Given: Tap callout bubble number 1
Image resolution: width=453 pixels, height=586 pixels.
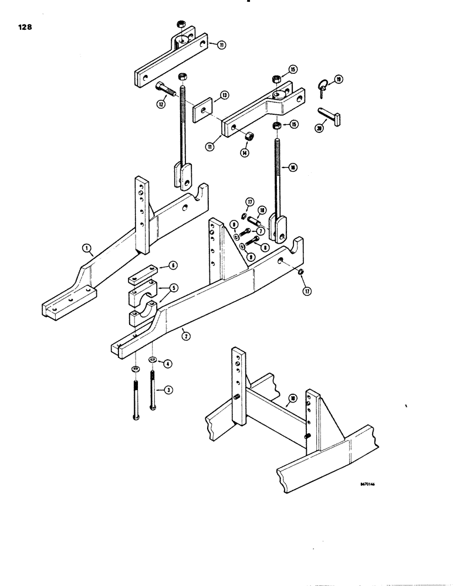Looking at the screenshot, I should [x=86, y=250].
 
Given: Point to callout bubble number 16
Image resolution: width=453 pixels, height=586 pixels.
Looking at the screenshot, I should [x=293, y=168].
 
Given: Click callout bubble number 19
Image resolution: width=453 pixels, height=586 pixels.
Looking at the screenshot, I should [x=338, y=79].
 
